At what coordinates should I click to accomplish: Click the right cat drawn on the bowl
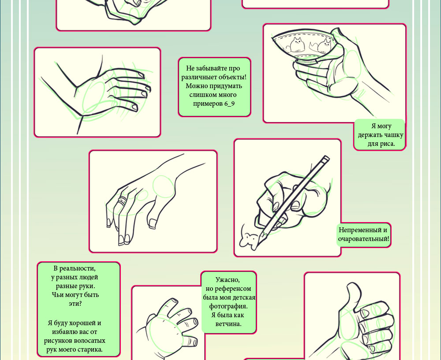point(321,46)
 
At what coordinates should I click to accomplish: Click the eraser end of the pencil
point(325,159)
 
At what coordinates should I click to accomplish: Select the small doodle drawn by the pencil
point(248,240)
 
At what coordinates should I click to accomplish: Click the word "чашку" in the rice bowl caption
point(393,135)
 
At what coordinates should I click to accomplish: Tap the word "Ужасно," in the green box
point(228,280)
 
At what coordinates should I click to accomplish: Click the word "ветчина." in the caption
point(228,324)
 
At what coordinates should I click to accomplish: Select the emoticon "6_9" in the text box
point(229,104)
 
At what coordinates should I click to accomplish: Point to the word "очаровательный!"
point(364,239)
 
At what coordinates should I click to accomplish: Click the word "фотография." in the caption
point(228,306)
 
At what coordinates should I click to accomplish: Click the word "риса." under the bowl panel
point(388,144)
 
